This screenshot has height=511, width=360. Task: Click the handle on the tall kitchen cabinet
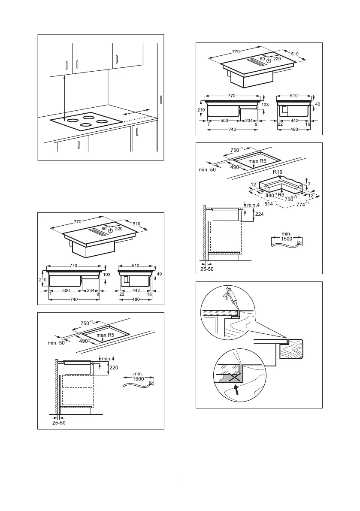(x=161, y=100)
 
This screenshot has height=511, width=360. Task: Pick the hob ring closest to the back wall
(x=89, y=116)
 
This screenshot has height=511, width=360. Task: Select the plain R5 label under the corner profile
(x=281, y=194)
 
